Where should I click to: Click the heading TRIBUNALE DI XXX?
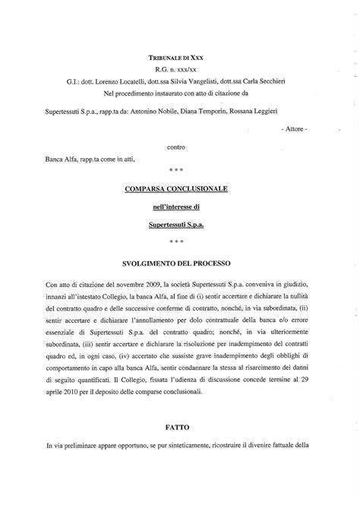tap(179, 58)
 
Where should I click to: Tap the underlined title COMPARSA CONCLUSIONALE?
tap(180, 187)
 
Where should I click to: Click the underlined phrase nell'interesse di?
tap(180, 206)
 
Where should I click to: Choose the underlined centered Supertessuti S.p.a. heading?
tap(180, 225)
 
